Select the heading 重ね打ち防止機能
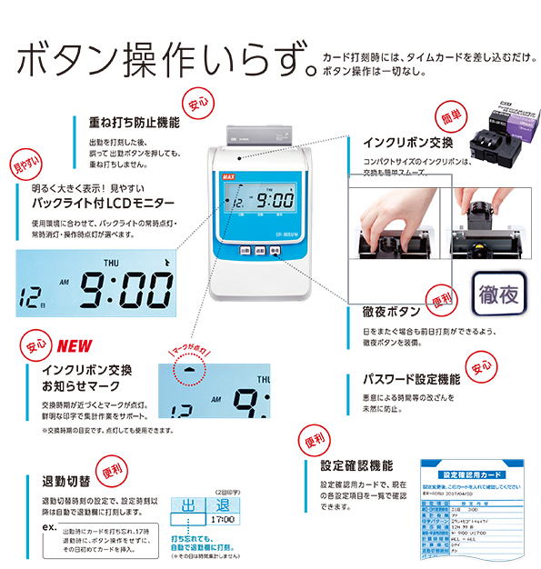pyautogui.click(x=134, y=122)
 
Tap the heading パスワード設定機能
pyautogui.click(x=412, y=378)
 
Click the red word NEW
pyautogui.click(x=75, y=346)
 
